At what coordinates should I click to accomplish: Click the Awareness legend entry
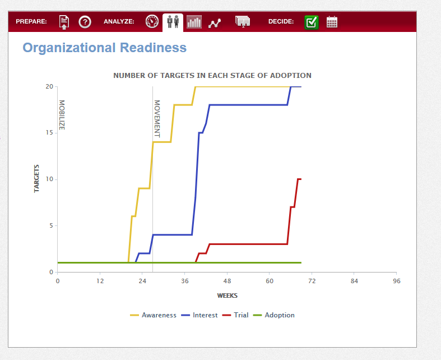tap(154, 315)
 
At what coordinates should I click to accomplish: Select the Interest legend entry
tap(199, 315)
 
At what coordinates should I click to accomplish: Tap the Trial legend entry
tap(235, 315)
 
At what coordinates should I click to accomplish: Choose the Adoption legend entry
tap(274, 315)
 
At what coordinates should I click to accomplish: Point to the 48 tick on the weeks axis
tap(227, 281)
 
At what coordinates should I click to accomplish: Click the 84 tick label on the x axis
tap(354, 281)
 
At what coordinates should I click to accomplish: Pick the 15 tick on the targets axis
tap(49, 132)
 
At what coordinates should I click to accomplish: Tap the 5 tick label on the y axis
tap(51, 225)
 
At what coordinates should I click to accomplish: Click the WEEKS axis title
tap(228, 296)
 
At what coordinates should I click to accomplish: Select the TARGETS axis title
tap(36, 178)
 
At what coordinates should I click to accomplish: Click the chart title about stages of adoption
tap(212, 76)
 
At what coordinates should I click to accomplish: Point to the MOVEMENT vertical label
tap(157, 119)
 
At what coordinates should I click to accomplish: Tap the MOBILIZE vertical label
tap(62, 115)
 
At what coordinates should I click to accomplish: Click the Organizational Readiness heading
tap(105, 48)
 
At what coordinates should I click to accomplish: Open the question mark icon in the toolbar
tap(85, 22)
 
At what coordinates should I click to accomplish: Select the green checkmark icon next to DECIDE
tap(312, 22)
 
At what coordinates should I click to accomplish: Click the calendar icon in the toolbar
tap(332, 22)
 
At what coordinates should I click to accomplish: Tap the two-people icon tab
tap(173, 22)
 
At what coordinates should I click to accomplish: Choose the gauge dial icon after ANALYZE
tap(152, 22)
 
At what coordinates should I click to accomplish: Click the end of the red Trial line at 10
tap(301, 179)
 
